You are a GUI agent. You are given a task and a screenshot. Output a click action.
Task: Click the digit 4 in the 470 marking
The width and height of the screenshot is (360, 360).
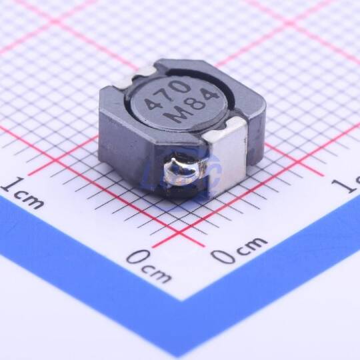(152, 104)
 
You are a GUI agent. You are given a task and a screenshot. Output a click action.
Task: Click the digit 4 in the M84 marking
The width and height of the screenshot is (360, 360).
(210, 97)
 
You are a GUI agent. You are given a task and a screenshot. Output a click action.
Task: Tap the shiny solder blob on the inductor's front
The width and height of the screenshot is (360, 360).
(181, 171)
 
